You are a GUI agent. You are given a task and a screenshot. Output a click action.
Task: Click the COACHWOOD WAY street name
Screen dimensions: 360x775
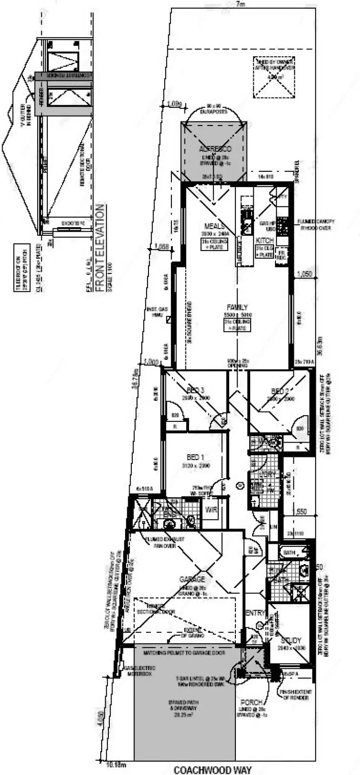(212, 770)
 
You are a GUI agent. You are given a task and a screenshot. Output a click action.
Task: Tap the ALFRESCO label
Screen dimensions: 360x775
(215, 148)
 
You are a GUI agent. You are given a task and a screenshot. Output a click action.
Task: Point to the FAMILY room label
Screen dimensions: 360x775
(238, 308)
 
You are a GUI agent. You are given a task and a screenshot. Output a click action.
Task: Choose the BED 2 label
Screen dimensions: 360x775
(280, 391)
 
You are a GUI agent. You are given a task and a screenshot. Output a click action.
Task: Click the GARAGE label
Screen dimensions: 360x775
(192, 579)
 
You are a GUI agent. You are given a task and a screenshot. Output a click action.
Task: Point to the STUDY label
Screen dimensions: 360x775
(291, 640)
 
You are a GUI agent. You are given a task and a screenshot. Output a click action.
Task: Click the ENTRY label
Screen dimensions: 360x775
(255, 613)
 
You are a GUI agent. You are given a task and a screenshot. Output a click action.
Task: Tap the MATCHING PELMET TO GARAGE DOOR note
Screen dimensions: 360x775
(184, 652)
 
